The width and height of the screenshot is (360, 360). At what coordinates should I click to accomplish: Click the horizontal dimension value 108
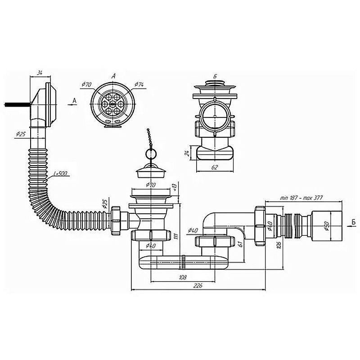click(x=183, y=277)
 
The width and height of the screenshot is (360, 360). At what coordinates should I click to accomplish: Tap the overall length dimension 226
click(x=197, y=285)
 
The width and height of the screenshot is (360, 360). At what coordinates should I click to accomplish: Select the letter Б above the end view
click(x=216, y=76)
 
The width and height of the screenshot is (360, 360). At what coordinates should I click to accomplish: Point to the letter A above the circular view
click(x=114, y=76)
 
